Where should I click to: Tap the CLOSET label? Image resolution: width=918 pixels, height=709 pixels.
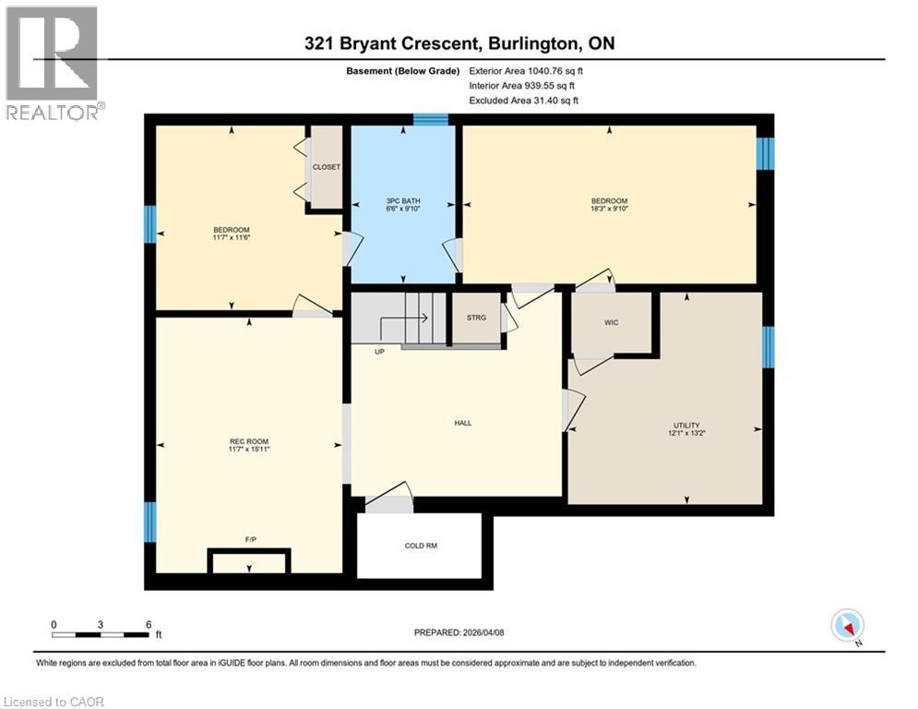(326, 167)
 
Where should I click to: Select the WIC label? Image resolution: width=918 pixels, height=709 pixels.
(611, 322)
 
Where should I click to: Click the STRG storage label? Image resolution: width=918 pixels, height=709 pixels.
(476, 318)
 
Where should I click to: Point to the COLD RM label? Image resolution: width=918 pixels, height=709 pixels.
(421, 546)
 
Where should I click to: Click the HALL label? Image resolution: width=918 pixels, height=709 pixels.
(462, 423)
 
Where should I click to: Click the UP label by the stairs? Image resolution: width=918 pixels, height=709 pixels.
(379, 352)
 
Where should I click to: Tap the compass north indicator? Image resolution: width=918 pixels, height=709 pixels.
(846, 627)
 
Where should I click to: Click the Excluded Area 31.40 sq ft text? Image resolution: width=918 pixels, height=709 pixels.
(524, 101)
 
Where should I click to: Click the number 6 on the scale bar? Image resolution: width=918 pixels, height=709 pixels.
(148, 624)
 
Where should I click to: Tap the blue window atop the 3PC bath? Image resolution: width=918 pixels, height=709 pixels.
(430, 118)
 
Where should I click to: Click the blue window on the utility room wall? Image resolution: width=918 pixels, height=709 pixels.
(768, 346)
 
